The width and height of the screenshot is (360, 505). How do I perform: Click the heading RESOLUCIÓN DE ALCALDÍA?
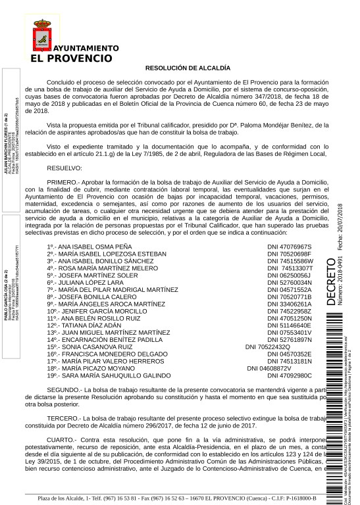(x=188, y=67)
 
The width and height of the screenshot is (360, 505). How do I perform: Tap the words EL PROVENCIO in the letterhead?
(x=71, y=58)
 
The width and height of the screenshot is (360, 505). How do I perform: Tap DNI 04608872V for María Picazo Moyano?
(x=269, y=368)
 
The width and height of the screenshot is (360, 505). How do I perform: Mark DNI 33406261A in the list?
(x=289, y=304)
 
